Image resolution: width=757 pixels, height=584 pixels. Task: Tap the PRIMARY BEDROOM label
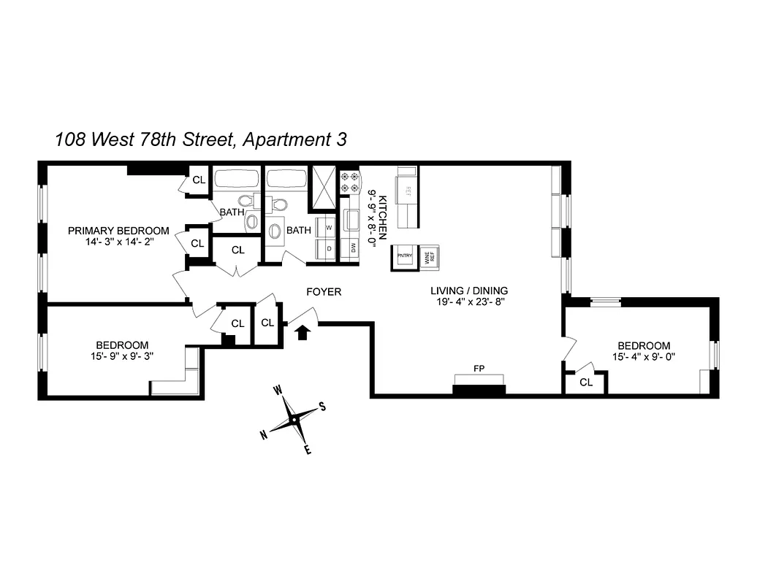click(x=118, y=231)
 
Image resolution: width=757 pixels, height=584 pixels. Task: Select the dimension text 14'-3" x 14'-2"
click(x=118, y=242)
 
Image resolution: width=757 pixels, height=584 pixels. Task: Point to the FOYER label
click(x=324, y=292)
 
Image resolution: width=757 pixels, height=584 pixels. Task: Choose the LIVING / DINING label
click(x=468, y=290)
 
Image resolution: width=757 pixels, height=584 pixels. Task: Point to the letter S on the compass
click(x=322, y=408)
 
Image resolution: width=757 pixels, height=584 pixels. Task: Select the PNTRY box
click(x=405, y=257)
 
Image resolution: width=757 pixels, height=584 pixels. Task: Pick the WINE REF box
click(x=429, y=257)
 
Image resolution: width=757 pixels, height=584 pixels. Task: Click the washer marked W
click(x=328, y=227)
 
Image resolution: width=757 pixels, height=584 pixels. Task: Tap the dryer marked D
click(x=328, y=248)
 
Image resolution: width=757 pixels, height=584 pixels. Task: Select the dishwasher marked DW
click(x=353, y=249)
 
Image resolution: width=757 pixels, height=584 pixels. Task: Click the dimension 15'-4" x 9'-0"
click(x=643, y=357)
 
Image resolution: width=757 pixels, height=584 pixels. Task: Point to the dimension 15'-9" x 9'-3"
click(x=122, y=356)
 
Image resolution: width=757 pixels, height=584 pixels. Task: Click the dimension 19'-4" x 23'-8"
click(x=468, y=301)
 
